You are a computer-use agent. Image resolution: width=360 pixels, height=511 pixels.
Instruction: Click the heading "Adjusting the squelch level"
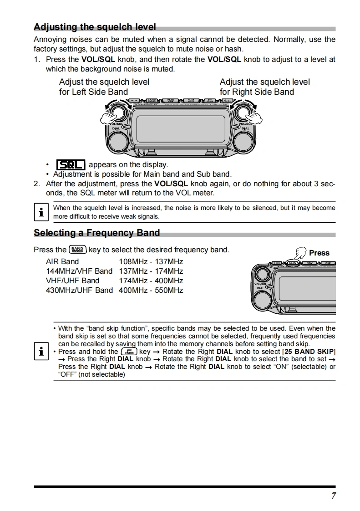(x=95, y=27)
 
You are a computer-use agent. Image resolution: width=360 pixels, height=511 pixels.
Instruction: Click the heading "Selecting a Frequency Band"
(x=96, y=233)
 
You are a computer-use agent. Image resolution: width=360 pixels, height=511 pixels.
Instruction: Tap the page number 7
(x=334, y=496)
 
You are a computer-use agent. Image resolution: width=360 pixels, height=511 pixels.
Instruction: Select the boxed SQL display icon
(x=71, y=164)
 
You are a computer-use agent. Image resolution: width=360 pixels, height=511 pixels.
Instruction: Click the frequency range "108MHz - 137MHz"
(x=151, y=261)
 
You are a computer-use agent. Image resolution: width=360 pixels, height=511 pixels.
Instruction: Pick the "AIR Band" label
(x=62, y=261)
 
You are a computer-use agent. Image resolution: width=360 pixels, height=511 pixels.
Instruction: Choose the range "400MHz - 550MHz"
(x=151, y=290)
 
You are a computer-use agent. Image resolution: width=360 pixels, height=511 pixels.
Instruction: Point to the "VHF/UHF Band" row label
(x=72, y=281)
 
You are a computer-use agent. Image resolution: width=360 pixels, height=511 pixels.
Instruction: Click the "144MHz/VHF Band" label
(x=79, y=271)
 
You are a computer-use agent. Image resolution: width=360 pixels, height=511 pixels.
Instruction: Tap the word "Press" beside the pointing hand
(x=319, y=253)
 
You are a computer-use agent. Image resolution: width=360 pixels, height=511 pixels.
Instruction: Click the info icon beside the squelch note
(x=41, y=212)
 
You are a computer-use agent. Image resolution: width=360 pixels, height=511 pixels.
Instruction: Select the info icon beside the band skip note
(x=41, y=351)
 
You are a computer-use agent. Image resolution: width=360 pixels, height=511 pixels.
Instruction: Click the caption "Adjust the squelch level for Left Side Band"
(x=104, y=87)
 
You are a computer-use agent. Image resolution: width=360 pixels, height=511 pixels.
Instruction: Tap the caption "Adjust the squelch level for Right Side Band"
(x=264, y=87)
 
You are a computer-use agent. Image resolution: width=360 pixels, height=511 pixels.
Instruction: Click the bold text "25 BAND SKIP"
(x=309, y=352)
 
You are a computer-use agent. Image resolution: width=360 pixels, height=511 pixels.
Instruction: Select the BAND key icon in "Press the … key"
(x=77, y=250)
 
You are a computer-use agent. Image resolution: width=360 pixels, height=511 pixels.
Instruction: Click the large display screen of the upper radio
(x=181, y=128)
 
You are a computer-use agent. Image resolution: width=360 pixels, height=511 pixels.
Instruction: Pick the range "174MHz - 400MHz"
(x=151, y=281)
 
